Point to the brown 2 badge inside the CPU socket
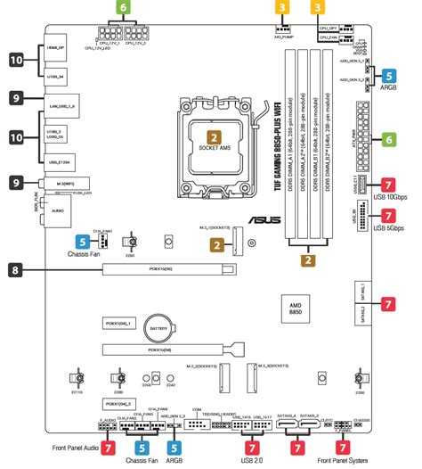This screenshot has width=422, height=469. click(x=215, y=138)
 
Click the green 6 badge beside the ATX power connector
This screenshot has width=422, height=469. click(x=388, y=140)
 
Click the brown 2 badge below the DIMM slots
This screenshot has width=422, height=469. click(x=307, y=261)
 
